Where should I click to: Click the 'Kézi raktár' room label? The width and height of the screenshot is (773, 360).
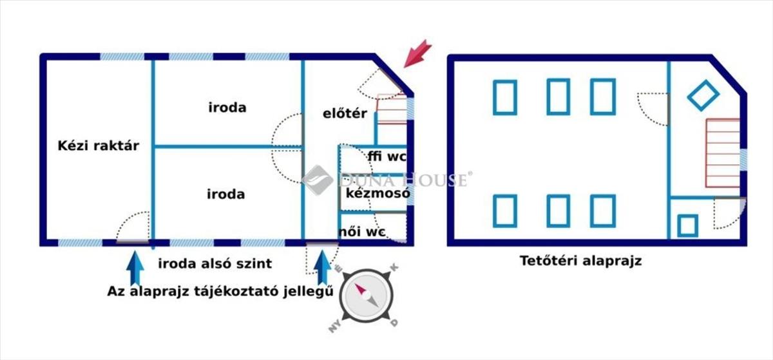99,146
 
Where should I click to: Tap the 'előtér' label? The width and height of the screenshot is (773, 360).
345,113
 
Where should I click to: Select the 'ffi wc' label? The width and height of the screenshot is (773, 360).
387,156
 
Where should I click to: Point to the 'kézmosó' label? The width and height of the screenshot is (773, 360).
378,193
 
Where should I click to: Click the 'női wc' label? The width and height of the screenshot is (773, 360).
361,232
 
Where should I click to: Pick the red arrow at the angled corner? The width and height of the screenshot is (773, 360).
417,54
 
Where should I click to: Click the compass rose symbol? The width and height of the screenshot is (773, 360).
366,296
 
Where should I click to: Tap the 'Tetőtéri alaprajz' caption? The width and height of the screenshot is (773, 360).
580,261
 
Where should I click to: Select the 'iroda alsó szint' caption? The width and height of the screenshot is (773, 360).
215,263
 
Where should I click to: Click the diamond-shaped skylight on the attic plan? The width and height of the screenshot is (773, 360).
703,95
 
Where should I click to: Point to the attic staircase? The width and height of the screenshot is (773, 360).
723,153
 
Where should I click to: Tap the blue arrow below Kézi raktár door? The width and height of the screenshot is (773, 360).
135,268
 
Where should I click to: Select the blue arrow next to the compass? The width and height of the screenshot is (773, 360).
323,268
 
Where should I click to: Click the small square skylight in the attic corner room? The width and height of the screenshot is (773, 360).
688,226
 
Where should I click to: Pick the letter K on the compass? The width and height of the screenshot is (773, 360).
394,267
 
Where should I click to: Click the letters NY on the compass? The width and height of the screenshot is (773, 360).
335,326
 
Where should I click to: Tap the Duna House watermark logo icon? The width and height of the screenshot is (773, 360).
317,180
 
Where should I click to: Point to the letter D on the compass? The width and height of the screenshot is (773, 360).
394,323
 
